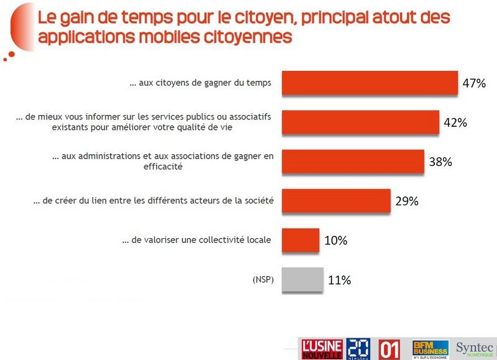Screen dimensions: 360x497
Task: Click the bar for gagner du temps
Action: (x=369, y=83)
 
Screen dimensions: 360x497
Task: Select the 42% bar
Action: (x=360, y=122)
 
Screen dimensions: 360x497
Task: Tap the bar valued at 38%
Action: (x=353, y=162)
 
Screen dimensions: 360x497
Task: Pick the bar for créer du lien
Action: (x=336, y=201)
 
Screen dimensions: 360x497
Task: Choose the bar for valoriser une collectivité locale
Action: (x=301, y=240)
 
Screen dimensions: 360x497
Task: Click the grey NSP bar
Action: (x=303, y=279)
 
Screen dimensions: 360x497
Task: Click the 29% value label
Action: (x=407, y=201)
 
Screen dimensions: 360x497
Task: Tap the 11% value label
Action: (x=339, y=280)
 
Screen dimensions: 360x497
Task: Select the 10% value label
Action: (x=335, y=240)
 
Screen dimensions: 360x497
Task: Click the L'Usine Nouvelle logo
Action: (x=322, y=349)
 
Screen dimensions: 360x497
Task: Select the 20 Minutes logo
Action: (x=358, y=348)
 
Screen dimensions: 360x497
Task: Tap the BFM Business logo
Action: (x=430, y=348)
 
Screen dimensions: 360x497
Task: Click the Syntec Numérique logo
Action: (x=475, y=348)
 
